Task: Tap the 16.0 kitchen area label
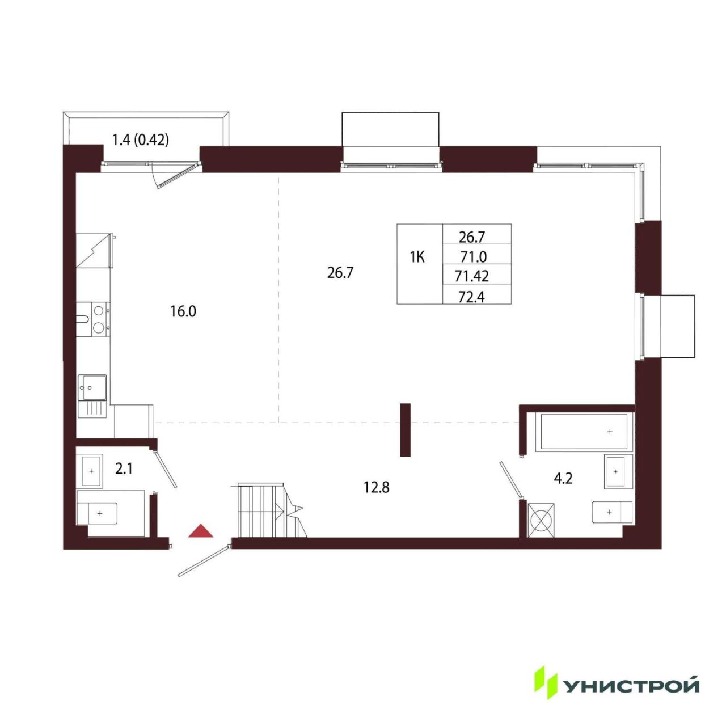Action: [x=183, y=311]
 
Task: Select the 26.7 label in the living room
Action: [x=340, y=273]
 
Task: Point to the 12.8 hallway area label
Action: [x=377, y=488]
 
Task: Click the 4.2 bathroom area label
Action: [x=563, y=479]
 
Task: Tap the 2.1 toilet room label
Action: [x=124, y=470]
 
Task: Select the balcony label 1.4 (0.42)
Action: [x=141, y=140]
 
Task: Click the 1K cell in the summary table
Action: [x=417, y=258]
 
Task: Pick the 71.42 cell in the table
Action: [x=472, y=277]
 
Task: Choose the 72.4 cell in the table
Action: [x=471, y=297]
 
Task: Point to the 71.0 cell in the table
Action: [x=473, y=257]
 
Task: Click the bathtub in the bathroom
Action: [x=584, y=432]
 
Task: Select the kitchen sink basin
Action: [x=92, y=388]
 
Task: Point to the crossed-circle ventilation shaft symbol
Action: [x=541, y=520]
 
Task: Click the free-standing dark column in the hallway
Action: [x=405, y=429]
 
